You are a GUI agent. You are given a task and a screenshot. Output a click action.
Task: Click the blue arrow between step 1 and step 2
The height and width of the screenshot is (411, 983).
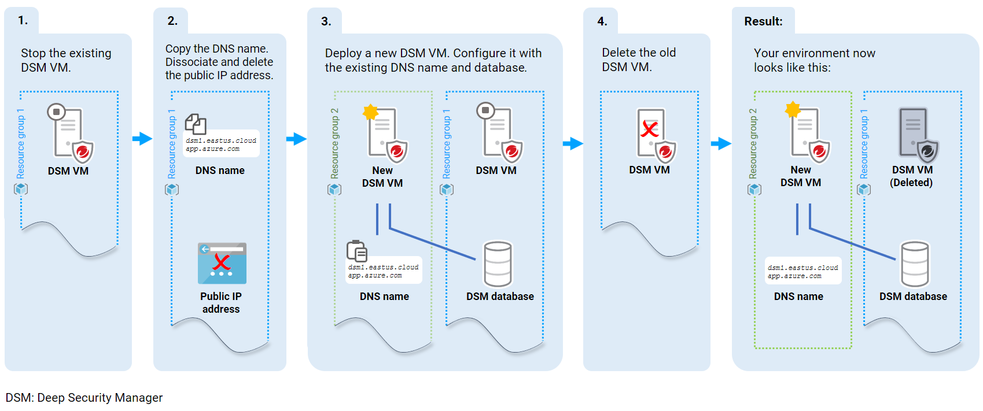pos(142,139)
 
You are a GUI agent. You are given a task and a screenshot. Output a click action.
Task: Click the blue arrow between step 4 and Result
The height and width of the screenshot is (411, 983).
pos(721,143)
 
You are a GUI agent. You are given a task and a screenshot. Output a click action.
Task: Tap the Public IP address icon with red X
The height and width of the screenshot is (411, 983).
pos(222,264)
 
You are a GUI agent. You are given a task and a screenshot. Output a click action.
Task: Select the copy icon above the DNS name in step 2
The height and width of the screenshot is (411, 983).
pos(196,124)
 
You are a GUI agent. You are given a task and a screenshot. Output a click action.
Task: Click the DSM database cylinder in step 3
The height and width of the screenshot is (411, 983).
pos(498,264)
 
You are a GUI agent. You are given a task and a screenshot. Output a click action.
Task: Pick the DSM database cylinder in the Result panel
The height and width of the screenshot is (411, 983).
pos(915,264)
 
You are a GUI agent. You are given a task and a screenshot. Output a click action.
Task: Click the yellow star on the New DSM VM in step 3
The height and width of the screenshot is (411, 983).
pos(370,112)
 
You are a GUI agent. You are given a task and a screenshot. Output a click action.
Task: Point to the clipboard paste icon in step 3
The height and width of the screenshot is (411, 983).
pos(356,251)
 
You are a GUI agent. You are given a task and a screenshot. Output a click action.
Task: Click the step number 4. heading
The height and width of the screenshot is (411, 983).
pos(602,21)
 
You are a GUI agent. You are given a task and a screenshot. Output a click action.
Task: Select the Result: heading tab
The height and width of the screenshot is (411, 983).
pos(763,21)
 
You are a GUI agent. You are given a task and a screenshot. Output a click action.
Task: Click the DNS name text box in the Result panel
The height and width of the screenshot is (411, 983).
pos(802,271)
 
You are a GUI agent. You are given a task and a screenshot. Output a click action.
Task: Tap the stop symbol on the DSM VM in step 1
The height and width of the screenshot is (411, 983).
pos(56,112)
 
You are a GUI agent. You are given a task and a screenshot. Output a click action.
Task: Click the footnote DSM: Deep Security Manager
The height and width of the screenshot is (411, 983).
pos(84,398)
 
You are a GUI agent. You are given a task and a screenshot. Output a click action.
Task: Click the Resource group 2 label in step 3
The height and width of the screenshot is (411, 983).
pos(334,143)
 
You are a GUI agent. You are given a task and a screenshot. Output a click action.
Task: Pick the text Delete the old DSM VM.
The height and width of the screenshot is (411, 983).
pos(638,60)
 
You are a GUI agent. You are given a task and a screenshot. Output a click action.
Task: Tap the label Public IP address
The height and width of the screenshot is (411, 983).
pos(221,302)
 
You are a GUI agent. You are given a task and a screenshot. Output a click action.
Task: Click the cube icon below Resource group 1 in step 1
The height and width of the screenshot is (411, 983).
pos(21,189)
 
